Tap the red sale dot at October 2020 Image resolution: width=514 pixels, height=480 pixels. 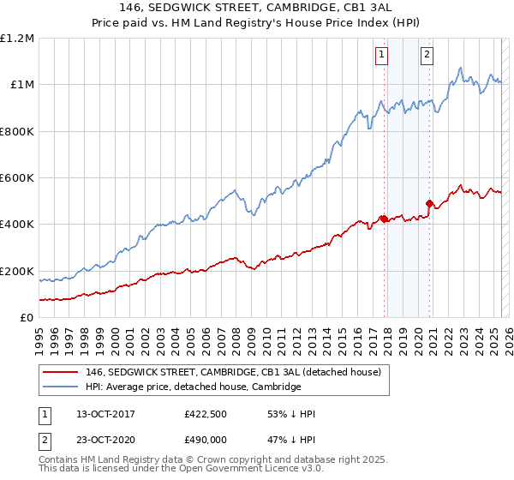[x=429, y=203]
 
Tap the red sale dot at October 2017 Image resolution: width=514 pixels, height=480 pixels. [x=384, y=219]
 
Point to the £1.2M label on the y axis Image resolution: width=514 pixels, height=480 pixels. [x=17, y=39]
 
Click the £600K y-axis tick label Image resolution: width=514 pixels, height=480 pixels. [x=16, y=178]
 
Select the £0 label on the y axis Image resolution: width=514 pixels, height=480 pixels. [x=27, y=318]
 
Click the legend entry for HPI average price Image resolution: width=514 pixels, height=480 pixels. [x=193, y=387]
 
